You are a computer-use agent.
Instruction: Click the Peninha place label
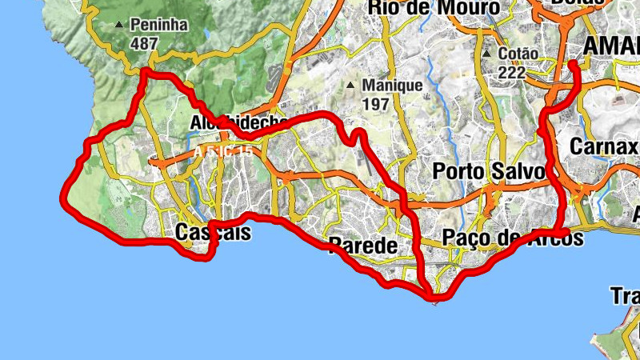click(x=160, y=25)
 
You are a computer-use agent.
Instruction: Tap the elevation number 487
click(x=143, y=43)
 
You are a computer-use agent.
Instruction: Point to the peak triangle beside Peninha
click(x=120, y=25)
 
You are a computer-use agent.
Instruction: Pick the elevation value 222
click(x=511, y=73)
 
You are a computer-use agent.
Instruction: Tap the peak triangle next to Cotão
click(x=485, y=55)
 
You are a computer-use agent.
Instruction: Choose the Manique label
click(x=392, y=85)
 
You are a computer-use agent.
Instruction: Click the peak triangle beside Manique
click(x=350, y=85)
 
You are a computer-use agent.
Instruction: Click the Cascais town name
click(x=212, y=232)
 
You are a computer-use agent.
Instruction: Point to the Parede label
click(x=362, y=246)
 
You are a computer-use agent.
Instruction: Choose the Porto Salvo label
click(x=488, y=171)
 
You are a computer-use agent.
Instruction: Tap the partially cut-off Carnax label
click(x=603, y=147)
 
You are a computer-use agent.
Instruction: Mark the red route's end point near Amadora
click(x=574, y=63)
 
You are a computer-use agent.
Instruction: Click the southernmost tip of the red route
click(x=434, y=300)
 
